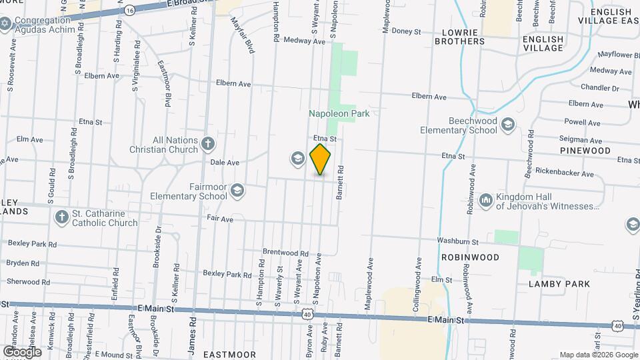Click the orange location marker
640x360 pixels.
click(321, 159)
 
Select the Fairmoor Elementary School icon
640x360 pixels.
click(237, 192)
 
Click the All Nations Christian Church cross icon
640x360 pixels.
click(208, 143)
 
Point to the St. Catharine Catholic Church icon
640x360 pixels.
click(62, 217)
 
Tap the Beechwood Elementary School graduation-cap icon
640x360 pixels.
click(508, 125)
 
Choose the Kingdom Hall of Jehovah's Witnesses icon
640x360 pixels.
click(485, 199)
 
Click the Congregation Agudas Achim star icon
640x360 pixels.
click(5, 23)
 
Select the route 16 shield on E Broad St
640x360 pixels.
click(129, 10)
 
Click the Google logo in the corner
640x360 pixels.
click(21, 351)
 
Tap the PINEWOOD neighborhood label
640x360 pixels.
click(585, 151)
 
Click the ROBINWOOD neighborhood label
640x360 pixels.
click(470, 257)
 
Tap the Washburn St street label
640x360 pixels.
click(457, 241)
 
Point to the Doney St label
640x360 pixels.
click(406, 31)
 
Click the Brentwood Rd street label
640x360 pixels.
click(285, 253)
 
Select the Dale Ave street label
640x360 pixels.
click(225, 162)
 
